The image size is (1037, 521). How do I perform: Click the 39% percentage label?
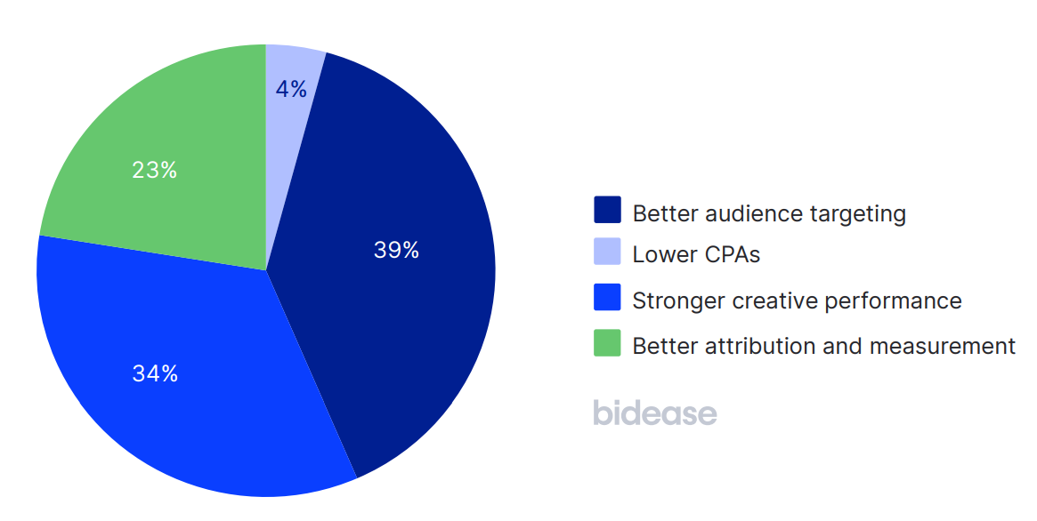396,251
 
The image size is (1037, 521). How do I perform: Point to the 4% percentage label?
291,89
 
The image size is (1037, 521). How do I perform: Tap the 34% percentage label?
155,374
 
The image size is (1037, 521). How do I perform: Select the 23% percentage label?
155,170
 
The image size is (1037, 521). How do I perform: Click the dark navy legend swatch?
607,211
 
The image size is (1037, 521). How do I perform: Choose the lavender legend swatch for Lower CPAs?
607,252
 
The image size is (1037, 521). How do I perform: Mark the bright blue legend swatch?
607,298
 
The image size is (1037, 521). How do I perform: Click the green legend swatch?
607,343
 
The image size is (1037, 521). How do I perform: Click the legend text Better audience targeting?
769,213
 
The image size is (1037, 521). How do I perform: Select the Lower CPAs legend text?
696,255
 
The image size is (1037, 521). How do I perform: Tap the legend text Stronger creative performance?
797,301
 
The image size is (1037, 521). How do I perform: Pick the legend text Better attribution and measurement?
823,346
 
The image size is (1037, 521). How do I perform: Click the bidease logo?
654,413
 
